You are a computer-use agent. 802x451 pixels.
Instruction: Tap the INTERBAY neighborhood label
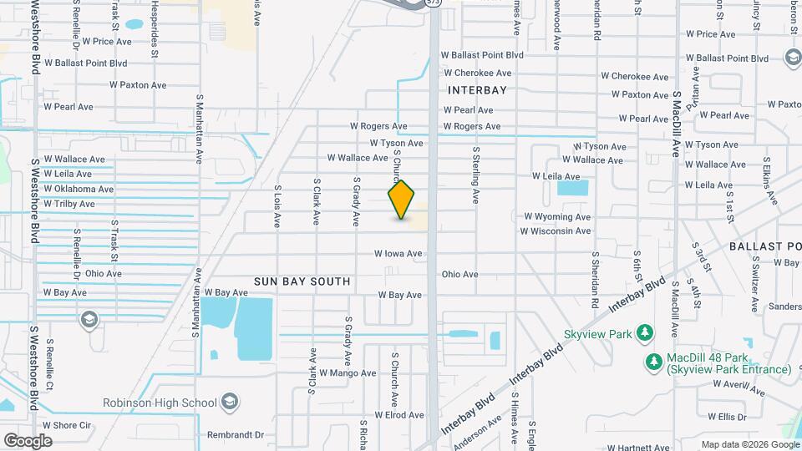coord(478,89)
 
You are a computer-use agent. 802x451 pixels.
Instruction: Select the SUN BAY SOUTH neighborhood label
coord(302,281)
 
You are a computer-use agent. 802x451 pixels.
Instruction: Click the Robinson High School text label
coord(160,403)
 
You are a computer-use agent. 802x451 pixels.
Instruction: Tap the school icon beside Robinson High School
coord(229,403)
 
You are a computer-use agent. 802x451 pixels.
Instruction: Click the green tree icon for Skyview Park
coord(644,333)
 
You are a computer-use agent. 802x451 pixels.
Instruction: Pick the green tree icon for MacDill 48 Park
coord(653,362)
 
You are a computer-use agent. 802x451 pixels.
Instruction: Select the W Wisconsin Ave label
coord(555,231)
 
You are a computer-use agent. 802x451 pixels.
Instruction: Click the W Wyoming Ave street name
coord(557,217)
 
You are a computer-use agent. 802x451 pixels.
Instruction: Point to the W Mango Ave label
coord(347,373)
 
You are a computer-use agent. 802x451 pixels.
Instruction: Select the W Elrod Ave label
coord(399,415)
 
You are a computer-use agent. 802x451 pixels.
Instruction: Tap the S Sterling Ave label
coord(475,175)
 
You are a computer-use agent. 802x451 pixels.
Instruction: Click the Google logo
coord(28,440)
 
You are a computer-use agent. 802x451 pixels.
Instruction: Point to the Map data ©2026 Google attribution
coord(749,444)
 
